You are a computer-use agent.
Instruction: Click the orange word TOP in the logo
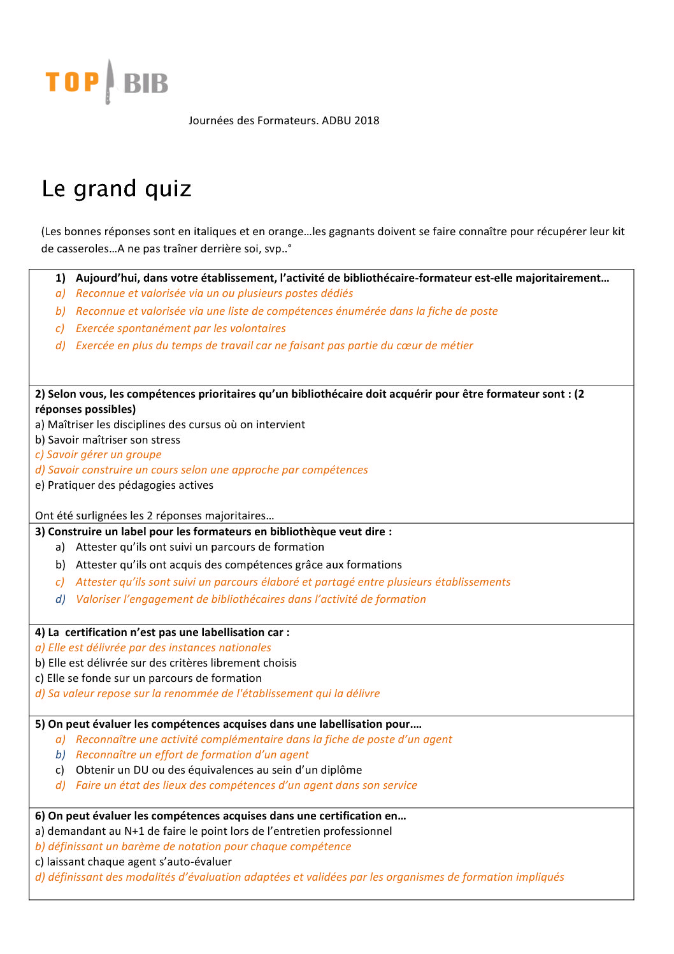coord(72,82)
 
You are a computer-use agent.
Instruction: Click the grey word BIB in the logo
coord(146,83)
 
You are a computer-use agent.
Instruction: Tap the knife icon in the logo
coord(110,81)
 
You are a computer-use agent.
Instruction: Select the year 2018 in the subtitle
coord(367,120)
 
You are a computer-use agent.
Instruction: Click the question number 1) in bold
coord(61,278)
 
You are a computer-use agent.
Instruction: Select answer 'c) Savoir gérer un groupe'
coord(98,454)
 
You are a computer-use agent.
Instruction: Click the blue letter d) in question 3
coord(61,599)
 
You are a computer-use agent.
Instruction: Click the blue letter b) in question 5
coord(61,755)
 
